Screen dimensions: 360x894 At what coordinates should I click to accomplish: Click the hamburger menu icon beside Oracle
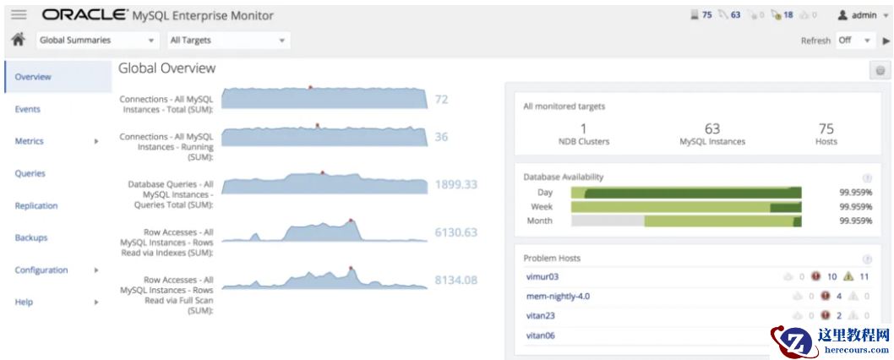point(19,14)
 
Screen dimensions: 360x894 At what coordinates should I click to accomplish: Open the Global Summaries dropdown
point(97,40)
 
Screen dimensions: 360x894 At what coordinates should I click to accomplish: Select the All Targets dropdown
point(227,40)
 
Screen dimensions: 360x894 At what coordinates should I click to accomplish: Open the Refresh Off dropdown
point(853,40)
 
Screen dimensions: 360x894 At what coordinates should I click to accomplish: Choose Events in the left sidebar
point(28,109)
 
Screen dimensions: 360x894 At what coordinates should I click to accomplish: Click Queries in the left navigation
point(30,173)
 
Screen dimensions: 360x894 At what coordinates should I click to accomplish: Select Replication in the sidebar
point(36,205)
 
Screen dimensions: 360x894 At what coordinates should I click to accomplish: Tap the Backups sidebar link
point(31,237)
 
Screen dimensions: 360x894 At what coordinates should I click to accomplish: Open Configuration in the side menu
point(41,270)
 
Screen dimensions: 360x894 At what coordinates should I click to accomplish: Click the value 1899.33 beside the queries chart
point(456,184)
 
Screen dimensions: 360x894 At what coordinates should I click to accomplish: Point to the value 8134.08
point(456,280)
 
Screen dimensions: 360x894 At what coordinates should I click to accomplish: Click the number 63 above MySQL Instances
point(712,128)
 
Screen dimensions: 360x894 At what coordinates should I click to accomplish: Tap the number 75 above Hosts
point(826,128)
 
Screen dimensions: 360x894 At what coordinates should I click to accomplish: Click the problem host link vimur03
point(542,276)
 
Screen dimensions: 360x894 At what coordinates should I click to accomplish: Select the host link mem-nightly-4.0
point(558,296)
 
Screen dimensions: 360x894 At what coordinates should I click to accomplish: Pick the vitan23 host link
point(541,315)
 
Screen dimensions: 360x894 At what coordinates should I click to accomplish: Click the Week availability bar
point(686,206)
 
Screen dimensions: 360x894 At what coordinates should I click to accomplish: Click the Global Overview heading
point(167,68)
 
